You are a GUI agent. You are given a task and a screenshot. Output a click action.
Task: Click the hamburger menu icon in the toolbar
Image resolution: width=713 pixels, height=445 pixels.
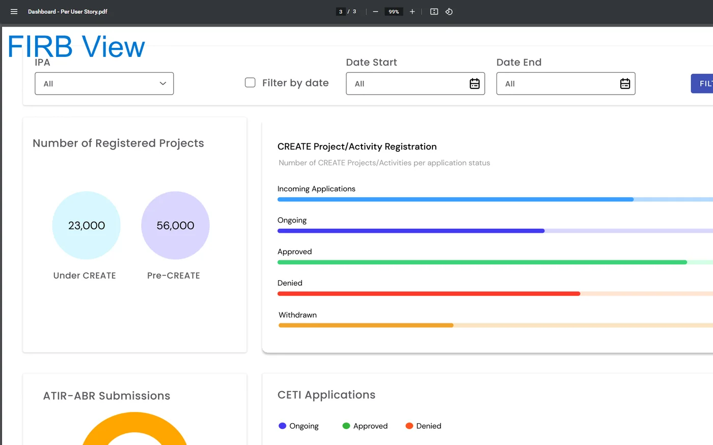click(14, 12)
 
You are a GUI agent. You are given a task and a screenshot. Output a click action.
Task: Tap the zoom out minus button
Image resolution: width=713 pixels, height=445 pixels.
click(375, 12)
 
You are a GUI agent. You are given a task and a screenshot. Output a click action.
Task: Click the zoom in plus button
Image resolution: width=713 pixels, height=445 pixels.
click(412, 12)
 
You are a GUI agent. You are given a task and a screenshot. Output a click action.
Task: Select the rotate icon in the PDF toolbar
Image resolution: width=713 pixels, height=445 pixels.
click(449, 12)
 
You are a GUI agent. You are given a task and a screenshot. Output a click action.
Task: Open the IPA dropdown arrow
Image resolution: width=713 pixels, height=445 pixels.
click(162, 83)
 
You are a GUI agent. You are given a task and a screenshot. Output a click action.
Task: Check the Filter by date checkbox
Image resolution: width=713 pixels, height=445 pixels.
click(250, 82)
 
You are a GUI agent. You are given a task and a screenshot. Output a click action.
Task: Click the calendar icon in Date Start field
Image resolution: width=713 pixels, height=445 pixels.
click(475, 83)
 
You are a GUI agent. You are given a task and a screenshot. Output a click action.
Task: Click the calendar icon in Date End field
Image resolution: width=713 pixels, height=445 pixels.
click(625, 83)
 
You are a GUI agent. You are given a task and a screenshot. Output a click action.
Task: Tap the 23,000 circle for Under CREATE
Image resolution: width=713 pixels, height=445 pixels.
click(86, 225)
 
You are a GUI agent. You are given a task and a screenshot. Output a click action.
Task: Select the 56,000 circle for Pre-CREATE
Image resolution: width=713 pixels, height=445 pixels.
click(175, 225)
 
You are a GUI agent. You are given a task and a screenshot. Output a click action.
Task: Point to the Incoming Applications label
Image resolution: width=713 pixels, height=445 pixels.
click(316, 189)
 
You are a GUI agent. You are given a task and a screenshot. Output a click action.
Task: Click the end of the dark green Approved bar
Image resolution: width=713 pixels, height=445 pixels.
click(687, 262)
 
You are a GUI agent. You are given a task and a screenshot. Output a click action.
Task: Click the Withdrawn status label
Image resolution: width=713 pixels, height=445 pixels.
click(297, 315)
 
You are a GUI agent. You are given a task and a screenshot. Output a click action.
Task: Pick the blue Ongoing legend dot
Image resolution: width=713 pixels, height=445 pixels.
click(282, 426)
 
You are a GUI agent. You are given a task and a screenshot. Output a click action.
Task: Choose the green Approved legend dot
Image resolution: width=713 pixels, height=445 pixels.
click(346, 426)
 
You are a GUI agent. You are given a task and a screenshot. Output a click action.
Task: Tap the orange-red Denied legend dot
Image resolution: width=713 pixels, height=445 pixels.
click(409, 426)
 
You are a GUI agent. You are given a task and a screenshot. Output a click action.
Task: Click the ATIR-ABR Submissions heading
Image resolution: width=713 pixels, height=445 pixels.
click(106, 396)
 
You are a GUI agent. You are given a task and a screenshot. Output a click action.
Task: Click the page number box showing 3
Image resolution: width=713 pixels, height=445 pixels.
click(341, 12)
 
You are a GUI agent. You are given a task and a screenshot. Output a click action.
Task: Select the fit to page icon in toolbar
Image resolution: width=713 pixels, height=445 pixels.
click(434, 12)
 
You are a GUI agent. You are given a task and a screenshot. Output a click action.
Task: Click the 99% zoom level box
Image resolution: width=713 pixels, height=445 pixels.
click(394, 12)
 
